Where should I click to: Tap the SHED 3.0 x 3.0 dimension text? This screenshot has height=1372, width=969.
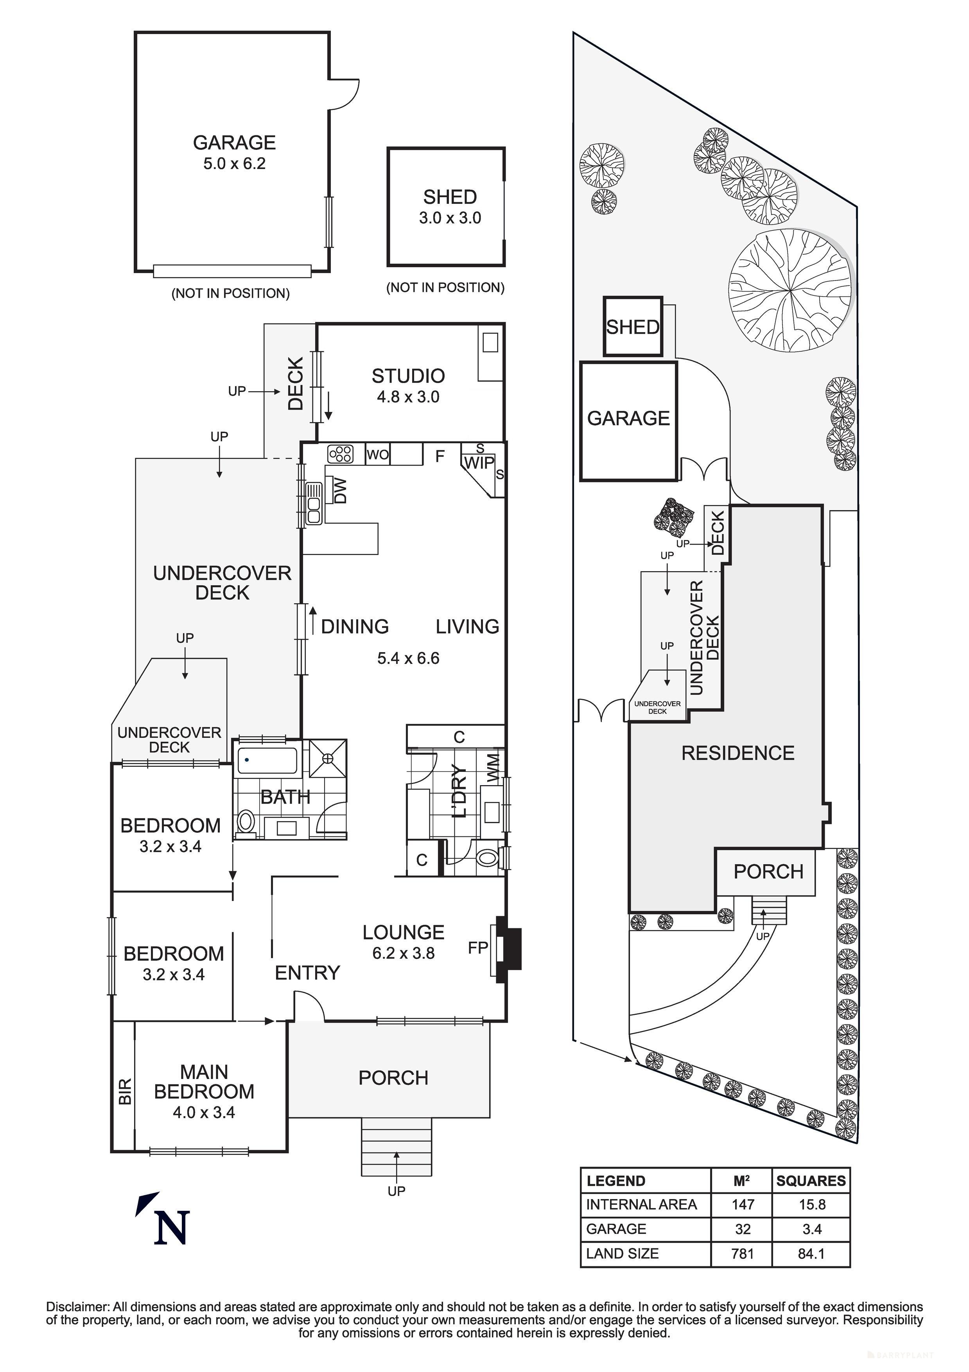450,218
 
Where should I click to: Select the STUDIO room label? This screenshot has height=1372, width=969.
408,376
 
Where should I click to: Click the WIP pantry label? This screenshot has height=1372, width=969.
479,462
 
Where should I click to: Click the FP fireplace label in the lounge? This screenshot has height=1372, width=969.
477,948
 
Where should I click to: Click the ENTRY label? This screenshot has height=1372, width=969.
307,973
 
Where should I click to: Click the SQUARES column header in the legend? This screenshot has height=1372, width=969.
811,1181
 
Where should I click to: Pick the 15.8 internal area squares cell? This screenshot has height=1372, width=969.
812,1205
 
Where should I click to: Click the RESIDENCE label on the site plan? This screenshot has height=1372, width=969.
738,753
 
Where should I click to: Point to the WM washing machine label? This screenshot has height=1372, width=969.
493,768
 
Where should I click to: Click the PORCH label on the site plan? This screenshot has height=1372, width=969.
768,872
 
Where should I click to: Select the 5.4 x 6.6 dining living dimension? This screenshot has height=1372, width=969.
408,658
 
